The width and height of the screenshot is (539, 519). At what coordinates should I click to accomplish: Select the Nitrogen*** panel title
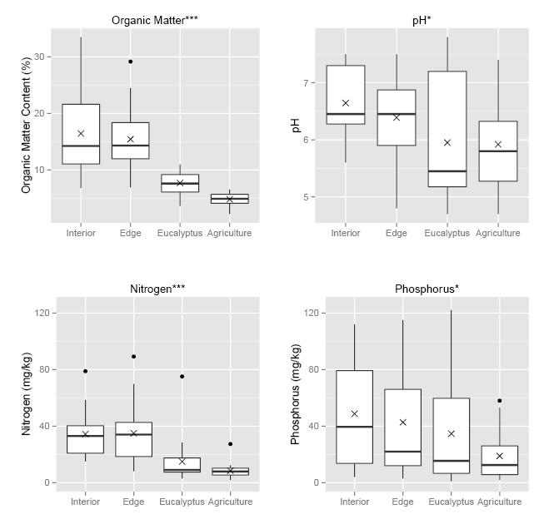click(x=157, y=289)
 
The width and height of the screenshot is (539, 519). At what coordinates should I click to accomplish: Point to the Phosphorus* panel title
click(x=427, y=289)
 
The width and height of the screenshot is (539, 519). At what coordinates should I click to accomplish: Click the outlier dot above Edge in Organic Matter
click(x=130, y=62)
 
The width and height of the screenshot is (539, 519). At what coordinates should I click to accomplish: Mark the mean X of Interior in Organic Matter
click(x=81, y=133)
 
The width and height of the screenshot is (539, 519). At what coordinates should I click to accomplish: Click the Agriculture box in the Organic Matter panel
click(x=229, y=199)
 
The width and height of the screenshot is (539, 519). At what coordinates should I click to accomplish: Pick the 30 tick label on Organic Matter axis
click(x=41, y=57)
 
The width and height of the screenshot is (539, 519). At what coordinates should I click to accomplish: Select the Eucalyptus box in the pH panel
click(x=447, y=129)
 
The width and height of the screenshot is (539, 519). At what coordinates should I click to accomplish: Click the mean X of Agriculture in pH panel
click(x=498, y=144)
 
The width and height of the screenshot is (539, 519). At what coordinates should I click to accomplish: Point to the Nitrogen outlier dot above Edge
click(x=133, y=357)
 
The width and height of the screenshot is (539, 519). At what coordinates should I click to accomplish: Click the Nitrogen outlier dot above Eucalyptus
click(x=182, y=377)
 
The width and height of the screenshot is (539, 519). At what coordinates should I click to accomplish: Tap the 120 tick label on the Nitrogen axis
click(x=37, y=313)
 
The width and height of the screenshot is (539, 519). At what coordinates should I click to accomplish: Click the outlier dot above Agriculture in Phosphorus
click(x=499, y=401)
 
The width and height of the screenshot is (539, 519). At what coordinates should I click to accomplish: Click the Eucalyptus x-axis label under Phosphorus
click(x=451, y=502)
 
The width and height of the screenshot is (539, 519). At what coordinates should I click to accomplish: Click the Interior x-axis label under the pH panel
click(x=346, y=233)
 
